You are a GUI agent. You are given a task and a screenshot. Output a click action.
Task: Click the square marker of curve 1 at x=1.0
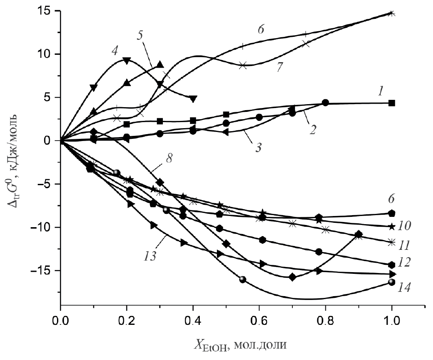[x=391, y=103]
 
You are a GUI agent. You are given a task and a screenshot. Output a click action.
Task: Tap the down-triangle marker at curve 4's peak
[x=126, y=60]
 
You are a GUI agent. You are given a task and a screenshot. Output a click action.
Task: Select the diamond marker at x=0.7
[x=292, y=277]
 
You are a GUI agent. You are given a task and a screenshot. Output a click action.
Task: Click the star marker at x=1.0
[x=391, y=227]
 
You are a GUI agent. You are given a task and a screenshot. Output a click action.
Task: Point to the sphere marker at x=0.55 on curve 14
[x=243, y=279]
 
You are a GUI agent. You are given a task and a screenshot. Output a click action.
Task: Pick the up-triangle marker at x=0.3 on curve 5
[x=160, y=64]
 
